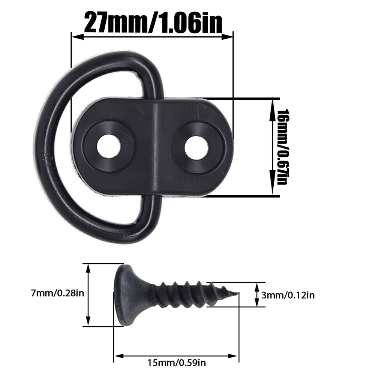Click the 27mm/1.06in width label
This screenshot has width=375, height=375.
pyautogui.click(x=153, y=22)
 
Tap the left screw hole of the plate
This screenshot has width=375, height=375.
pyautogui.click(x=108, y=146)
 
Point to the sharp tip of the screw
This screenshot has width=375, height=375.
pyautogui.click(x=237, y=294)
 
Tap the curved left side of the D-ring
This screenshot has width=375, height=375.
pyautogui.click(x=42, y=150)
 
